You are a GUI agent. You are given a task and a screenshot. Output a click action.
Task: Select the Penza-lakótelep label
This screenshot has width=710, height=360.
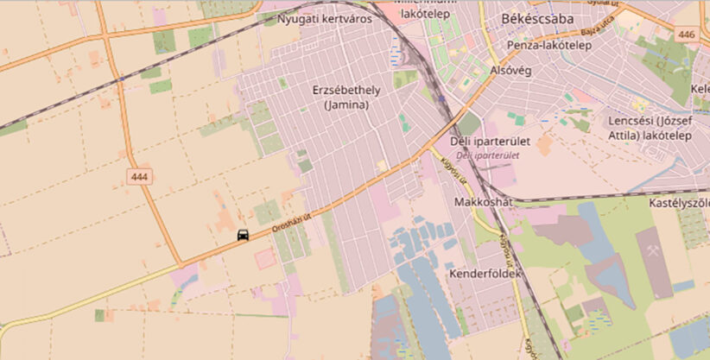(x=549, y=45)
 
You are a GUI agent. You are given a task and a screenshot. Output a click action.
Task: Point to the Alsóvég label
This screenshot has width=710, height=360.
(x=508, y=71)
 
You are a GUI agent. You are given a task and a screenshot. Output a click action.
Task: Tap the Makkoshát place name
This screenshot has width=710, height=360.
(x=483, y=202)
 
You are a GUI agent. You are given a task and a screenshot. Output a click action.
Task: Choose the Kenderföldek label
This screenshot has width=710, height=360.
(x=486, y=274)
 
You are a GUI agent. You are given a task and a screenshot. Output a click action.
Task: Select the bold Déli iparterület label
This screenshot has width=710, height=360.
(x=490, y=141)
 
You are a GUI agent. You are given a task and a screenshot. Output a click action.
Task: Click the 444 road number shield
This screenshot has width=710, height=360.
(x=138, y=176)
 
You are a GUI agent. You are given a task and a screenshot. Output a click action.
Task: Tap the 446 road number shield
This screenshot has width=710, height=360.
(x=687, y=35)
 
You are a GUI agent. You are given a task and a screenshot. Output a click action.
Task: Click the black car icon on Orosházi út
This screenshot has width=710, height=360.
(x=244, y=236)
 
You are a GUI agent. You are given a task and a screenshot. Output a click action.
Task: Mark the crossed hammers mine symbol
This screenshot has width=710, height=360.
(x=653, y=250)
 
